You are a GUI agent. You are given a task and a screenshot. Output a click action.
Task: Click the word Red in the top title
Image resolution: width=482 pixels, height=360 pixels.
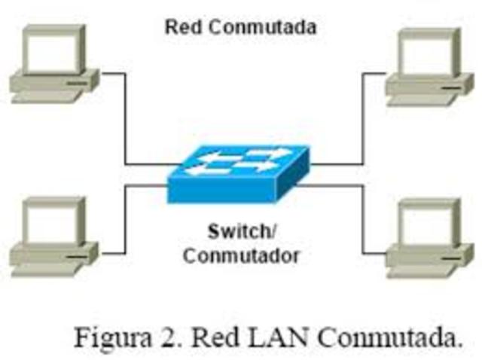pos(182,28)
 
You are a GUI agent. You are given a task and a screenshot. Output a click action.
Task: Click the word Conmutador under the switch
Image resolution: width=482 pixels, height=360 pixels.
pos(241,255)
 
